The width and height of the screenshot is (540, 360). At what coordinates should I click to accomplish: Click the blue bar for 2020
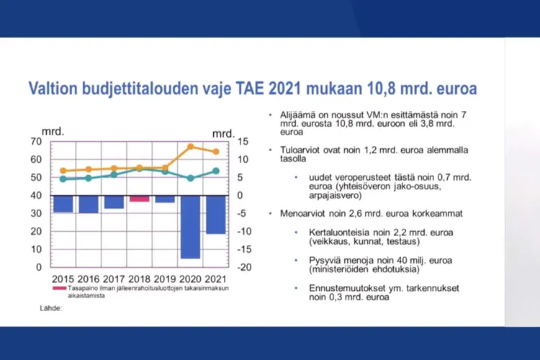[x=191, y=226]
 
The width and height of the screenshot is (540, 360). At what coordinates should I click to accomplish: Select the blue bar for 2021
[x=216, y=214]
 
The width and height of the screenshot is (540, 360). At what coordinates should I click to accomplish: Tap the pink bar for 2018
[x=140, y=198]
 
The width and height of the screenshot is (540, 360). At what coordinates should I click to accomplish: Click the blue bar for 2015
[x=63, y=203]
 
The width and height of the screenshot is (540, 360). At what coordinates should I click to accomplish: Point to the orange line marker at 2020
[x=191, y=147]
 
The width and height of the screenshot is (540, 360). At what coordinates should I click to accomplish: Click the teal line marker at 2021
[x=216, y=171]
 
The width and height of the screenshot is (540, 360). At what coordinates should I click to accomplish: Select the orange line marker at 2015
[x=63, y=171]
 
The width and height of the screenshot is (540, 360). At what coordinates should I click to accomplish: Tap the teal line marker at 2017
[x=114, y=174]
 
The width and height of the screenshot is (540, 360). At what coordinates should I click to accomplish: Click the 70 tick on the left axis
[x=36, y=141]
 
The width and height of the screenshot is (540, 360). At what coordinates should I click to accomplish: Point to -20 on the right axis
[x=244, y=267]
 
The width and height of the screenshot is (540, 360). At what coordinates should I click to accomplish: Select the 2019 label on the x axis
[x=165, y=279]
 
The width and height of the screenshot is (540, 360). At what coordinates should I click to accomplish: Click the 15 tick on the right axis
[x=243, y=141]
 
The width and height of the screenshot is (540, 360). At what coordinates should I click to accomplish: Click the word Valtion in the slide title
[x=54, y=89]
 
